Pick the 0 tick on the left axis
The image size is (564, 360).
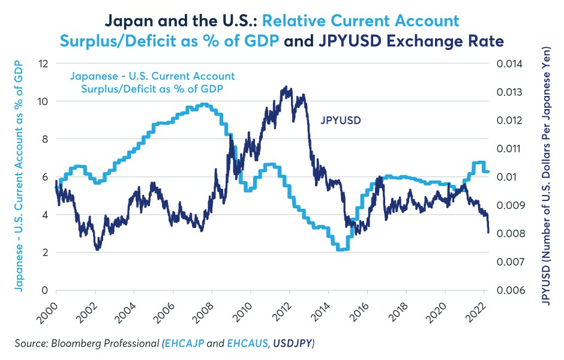click(x=44, y=290)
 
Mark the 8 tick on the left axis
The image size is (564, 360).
click(x=44, y=139)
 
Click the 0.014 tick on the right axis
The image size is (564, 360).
click(x=508, y=63)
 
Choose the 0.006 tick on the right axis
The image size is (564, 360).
click(x=508, y=290)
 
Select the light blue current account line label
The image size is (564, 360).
click(x=152, y=83)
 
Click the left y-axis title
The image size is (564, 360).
click(x=20, y=176)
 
